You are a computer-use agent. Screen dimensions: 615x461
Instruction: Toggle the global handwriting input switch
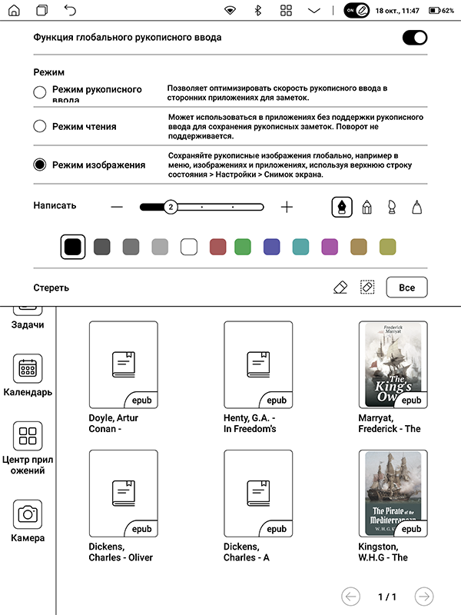click(415, 38)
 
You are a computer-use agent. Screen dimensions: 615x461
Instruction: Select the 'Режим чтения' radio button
click(40, 127)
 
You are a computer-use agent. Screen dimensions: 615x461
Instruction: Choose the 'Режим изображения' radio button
click(40, 165)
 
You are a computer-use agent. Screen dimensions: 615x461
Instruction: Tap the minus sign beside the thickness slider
click(117, 207)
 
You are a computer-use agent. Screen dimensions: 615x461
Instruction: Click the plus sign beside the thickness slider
click(287, 207)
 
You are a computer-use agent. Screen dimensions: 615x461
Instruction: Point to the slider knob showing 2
click(171, 207)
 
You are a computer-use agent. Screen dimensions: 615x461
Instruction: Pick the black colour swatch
click(73, 247)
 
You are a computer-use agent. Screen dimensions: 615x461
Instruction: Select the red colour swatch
click(218, 247)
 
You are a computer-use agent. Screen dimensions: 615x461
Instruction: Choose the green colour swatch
click(243, 247)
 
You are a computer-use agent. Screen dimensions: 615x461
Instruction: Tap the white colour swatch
click(189, 247)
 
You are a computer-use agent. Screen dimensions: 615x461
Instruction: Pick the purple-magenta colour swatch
click(330, 247)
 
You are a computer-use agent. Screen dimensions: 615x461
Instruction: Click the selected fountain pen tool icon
click(341, 207)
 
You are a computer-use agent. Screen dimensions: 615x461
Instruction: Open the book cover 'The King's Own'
click(393, 364)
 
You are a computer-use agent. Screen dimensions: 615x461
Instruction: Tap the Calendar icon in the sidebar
click(28, 370)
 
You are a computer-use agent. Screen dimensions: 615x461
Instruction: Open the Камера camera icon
click(28, 514)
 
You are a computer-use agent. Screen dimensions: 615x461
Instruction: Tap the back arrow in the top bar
click(70, 11)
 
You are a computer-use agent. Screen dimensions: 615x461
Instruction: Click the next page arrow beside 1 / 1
click(423, 597)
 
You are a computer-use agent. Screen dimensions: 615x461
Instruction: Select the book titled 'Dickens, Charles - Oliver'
click(124, 493)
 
